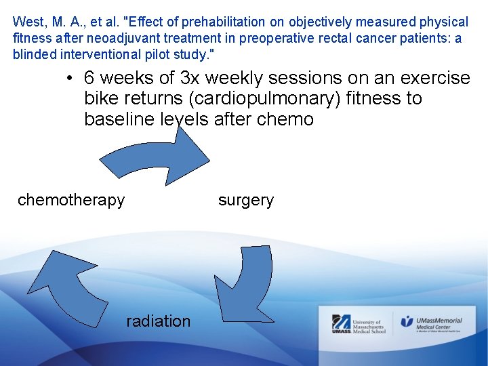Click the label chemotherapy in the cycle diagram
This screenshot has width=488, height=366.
pos(71,200)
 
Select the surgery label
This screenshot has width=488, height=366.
pos(246,201)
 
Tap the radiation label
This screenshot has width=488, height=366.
pos(158,321)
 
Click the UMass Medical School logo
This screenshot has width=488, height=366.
pos(359,324)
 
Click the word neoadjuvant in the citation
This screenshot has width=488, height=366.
pos(116,39)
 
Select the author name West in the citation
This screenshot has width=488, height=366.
pos(26,22)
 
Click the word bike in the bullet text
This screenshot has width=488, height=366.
pos(102,99)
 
